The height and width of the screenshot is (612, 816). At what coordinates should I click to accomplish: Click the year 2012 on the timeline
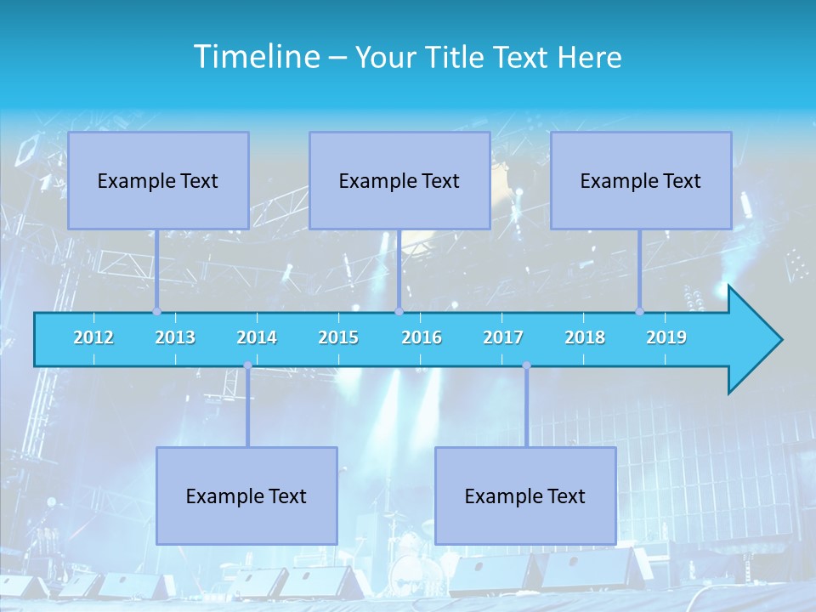click(x=93, y=337)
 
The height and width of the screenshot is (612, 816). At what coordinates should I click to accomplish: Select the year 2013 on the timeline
click(x=175, y=337)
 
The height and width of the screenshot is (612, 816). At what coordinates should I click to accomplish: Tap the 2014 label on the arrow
click(x=257, y=337)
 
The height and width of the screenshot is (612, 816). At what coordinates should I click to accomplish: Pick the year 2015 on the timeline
click(x=338, y=337)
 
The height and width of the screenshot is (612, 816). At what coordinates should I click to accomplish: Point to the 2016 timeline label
click(x=422, y=337)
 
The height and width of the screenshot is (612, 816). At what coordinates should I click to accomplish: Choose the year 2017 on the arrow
click(x=503, y=337)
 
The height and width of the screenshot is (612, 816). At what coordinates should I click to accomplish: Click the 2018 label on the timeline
click(x=585, y=337)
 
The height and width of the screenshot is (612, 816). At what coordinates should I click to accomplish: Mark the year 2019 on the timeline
click(x=666, y=337)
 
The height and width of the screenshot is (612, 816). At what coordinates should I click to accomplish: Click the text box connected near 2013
click(x=158, y=180)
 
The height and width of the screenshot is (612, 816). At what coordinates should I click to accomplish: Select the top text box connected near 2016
click(x=399, y=180)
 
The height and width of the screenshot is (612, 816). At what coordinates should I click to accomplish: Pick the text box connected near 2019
click(x=641, y=180)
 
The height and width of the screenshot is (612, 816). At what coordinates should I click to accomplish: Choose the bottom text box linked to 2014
click(x=246, y=496)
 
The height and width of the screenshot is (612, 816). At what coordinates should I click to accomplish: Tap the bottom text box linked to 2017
click(x=525, y=496)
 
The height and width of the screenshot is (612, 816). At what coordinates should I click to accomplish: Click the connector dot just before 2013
click(x=156, y=311)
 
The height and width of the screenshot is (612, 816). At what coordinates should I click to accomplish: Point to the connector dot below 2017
click(x=526, y=365)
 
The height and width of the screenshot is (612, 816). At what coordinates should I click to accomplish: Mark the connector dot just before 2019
click(x=639, y=311)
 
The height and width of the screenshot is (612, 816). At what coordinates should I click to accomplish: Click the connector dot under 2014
click(x=247, y=365)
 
